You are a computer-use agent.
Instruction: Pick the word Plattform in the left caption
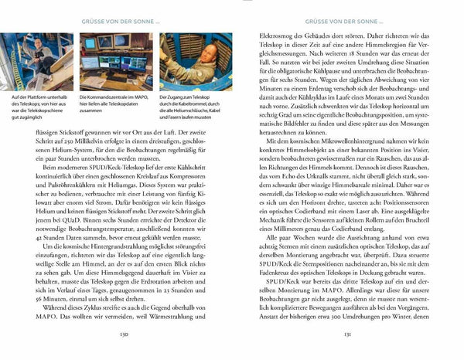point(32,97)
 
